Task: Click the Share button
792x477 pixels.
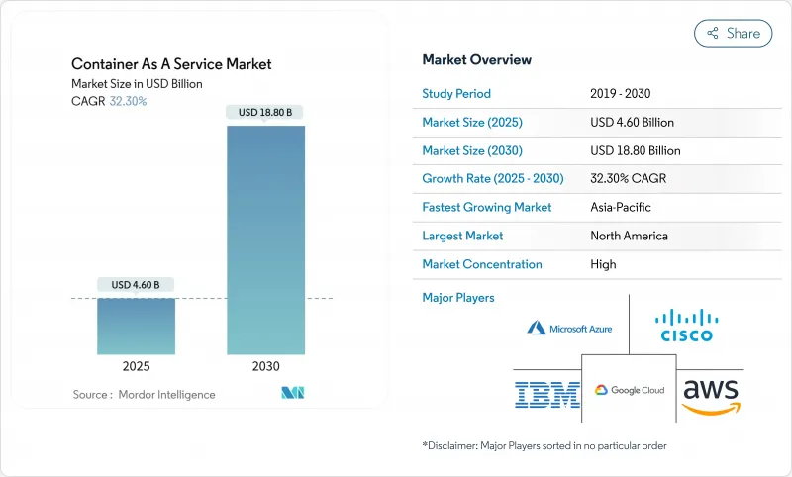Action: pyautogui.click(x=734, y=33)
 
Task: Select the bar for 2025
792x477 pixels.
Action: pyautogui.click(x=137, y=326)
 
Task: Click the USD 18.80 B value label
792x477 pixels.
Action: pyautogui.click(x=265, y=112)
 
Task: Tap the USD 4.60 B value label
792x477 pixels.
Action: pyautogui.click(x=137, y=285)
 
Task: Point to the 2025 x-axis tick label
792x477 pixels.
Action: pyautogui.click(x=137, y=366)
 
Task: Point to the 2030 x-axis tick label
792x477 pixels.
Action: pyautogui.click(x=265, y=366)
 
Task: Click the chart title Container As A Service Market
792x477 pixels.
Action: pyautogui.click(x=171, y=64)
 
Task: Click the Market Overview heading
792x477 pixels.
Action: pyautogui.click(x=476, y=59)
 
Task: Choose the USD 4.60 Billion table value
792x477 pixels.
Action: pyautogui.click(x=631, y=123)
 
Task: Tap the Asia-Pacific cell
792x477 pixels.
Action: pyautogui.click(x=622, y=208)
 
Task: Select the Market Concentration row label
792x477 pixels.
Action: pyautogui.click(x=482, y=264)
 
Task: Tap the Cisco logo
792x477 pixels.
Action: pyautogui.click(x=687, y=324)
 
